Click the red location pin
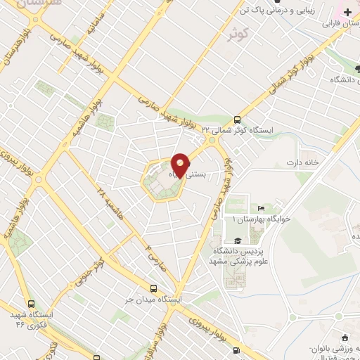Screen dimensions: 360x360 pos(180,166)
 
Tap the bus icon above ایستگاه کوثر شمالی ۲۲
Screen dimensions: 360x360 pos(237,120)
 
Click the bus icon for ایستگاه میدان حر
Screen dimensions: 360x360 pos(154,288)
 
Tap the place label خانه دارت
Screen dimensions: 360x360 pos(303,162)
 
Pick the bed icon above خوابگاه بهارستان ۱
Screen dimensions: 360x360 pos(262,208)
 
